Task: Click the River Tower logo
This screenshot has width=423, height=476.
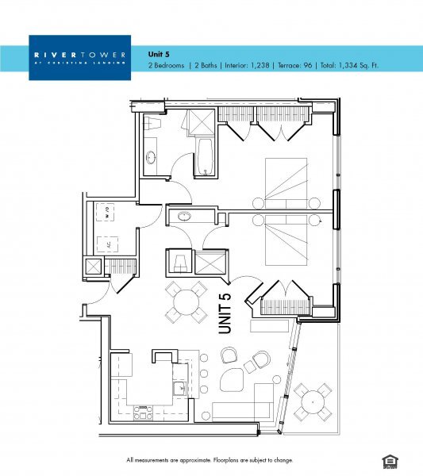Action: pos(79,56)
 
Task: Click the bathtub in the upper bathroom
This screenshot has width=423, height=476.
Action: pos(205,155)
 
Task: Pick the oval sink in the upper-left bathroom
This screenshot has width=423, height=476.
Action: pos(151,157)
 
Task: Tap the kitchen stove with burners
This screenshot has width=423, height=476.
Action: pos(144,413)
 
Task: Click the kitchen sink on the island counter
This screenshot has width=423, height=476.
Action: pos(180,389)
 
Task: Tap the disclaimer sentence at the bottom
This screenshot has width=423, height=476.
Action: pos(210,460)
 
